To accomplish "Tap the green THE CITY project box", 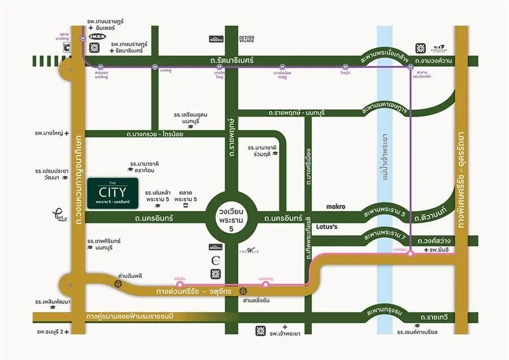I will (x=113, y=191).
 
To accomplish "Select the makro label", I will (x=336, y=206).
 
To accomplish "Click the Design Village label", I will (x=247, y=39).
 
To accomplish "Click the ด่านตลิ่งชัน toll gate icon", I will (x=244, y=291).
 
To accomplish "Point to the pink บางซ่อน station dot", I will (x=410, y=254).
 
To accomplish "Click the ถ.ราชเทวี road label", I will (x=433, y=317).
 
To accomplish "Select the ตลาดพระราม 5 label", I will (x=186, y=196).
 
